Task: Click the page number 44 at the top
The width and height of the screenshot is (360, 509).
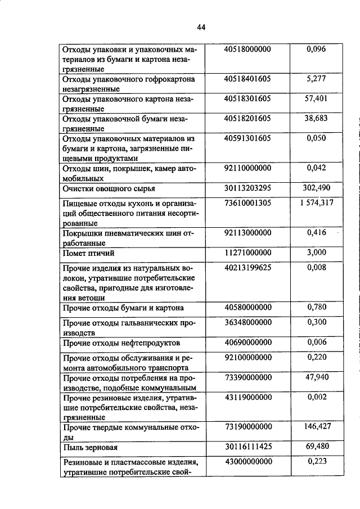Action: click(x=201, y=26)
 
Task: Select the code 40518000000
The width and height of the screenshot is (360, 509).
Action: click(x=247, y=49)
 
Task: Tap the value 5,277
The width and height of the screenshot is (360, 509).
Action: click(x=316, y=79)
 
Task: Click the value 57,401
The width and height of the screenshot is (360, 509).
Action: click(x=316, y=98)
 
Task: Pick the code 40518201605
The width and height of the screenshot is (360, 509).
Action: click(x=247, y=118)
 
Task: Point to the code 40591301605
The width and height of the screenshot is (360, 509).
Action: click(x=247, y=138)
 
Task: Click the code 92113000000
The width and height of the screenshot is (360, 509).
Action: click(x=247, y=233)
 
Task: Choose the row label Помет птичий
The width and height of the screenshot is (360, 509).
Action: click(x=88, y=254)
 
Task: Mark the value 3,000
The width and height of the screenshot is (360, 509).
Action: click(x=316, y=253)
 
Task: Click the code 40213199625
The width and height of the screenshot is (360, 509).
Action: click(x=247, y=268)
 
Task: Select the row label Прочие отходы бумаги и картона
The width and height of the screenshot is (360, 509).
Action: click(x=123, y=308)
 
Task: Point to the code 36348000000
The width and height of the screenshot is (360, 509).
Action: click(x=247, y=322)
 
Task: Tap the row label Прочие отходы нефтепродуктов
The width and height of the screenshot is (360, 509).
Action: click(x=121, y=343)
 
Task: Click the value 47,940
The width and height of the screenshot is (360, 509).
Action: click(x=316, y=377)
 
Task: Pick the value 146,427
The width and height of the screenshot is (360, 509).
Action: click(x=316, y=426)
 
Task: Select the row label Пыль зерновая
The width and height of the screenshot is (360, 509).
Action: click(x=90, y=448)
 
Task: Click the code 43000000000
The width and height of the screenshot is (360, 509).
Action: click(x=247, y=462)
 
